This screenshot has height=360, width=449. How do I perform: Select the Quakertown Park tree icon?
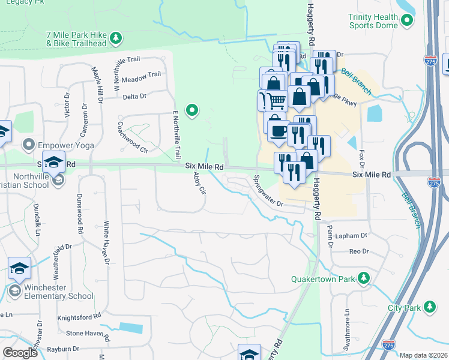(x=363, y=278)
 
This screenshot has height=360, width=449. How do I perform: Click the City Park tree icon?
(x=429, y=308)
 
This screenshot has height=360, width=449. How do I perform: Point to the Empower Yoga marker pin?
(x=28, y=144)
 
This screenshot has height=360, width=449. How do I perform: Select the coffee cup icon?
(x=278, y=131)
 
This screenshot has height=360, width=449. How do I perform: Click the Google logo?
(x=19, y=352)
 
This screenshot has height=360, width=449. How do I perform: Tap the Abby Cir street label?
(x=200, y=184)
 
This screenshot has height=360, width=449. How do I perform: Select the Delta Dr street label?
(x=134, y=96)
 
